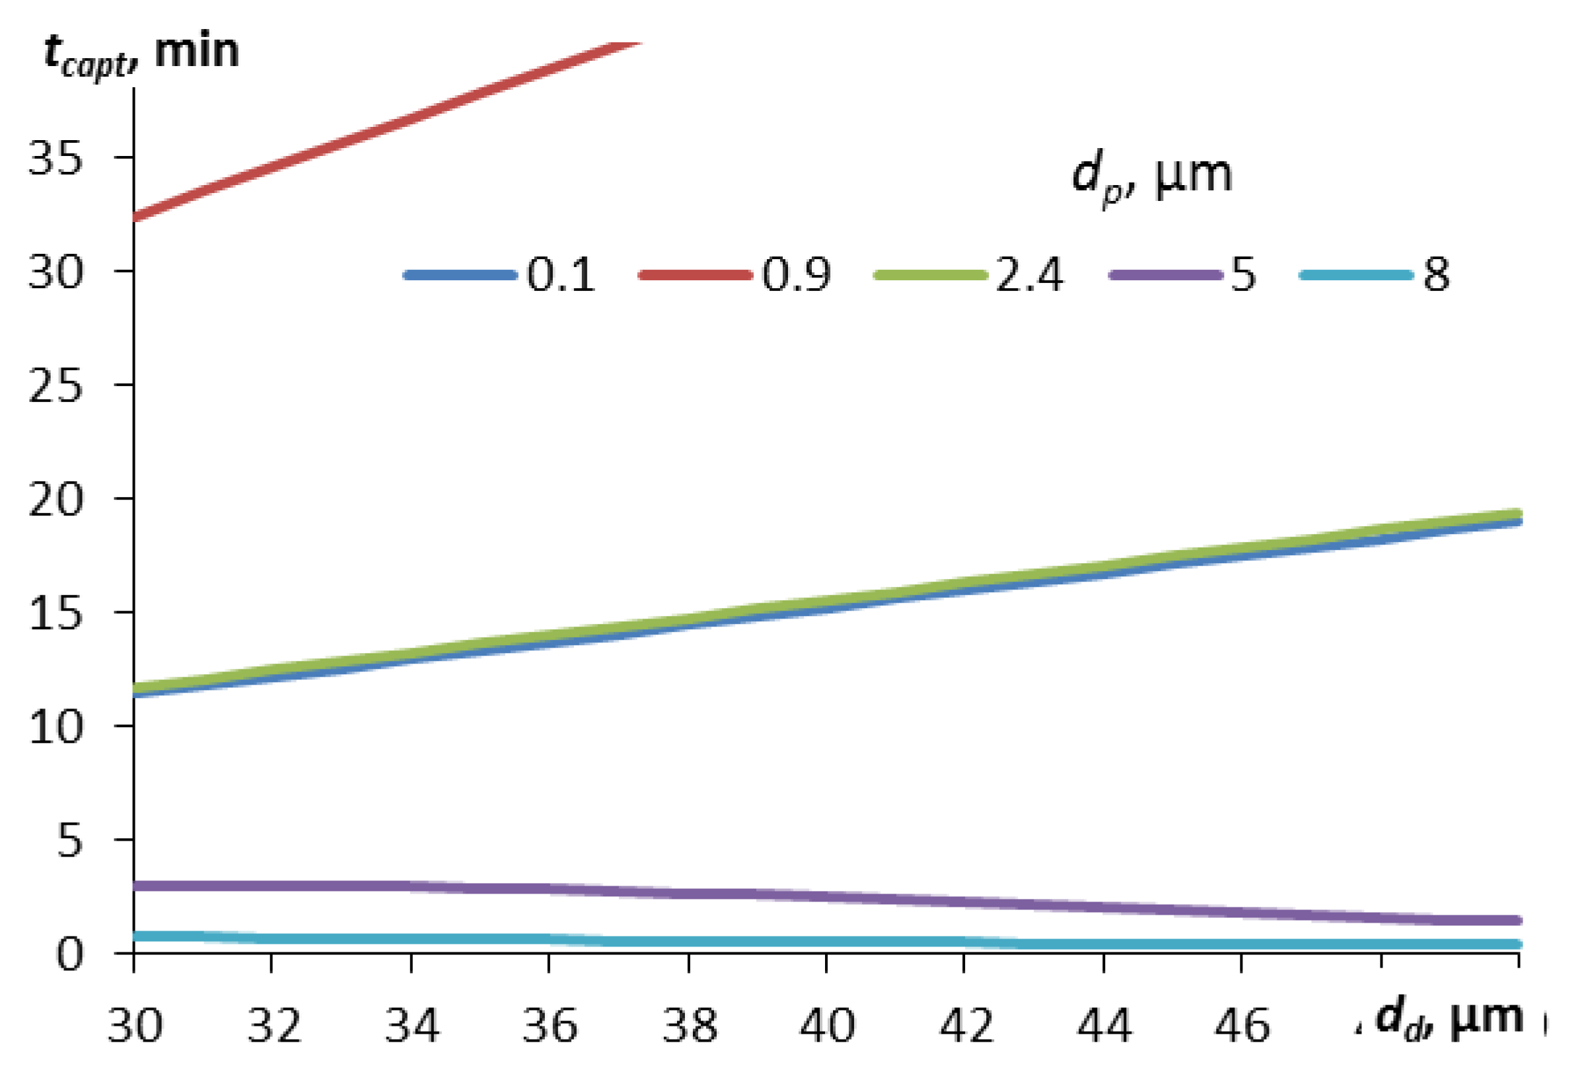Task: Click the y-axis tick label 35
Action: [55, 158]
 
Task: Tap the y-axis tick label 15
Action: [55, 613]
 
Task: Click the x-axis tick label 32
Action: [273, 1025]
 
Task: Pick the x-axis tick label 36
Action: [550, 1025]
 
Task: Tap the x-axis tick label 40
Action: [826, 1025]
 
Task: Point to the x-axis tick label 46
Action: [1241, 1025]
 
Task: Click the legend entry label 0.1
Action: [560, 276]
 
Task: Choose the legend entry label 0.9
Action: [796, 276]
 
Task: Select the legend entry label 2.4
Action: [1029, 276]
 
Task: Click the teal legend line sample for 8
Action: [1356, 276]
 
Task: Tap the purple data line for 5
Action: [826, 896]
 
